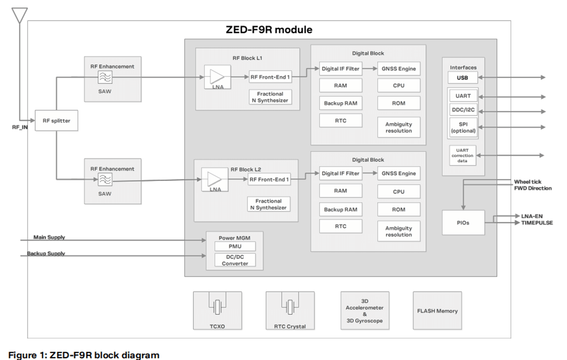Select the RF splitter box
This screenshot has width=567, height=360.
click(x=57, y=120)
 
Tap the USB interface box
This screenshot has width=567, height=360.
click(x=462, y=78)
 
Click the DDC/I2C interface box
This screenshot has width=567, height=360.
click(x=462, y=111)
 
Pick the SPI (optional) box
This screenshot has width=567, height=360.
click(x=463, y=127)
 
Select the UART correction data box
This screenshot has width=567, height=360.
click(x=462, y=155)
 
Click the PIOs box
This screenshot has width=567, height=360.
click(x=463, y=222)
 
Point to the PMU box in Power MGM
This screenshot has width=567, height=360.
click(x=234, y=247)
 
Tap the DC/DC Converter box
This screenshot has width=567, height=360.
click(x=234, y=260)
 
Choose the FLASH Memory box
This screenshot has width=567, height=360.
click(x=437, y=311)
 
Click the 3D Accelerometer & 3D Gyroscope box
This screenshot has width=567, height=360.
click(x=365, y=311)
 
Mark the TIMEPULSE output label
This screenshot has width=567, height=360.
click(x=534, y=223)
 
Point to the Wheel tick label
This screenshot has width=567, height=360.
click(x=527, y=181)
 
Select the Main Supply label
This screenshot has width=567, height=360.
click(x=49, y=237)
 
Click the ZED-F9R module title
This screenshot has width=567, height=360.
click(x=269, y=30)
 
